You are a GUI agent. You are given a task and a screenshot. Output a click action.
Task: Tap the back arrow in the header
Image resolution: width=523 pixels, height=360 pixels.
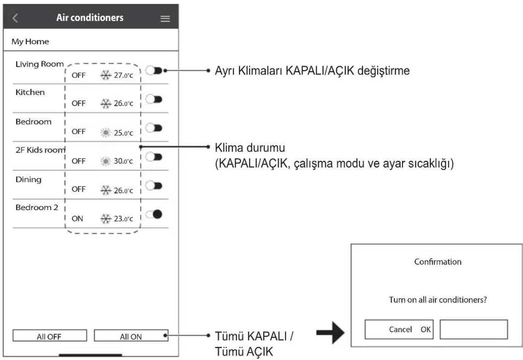tap(15, 18)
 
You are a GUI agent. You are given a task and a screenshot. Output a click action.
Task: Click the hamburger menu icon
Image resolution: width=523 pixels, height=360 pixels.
tap(165, 19)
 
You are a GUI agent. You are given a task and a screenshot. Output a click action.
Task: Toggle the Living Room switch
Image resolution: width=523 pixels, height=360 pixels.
tap(154, 70)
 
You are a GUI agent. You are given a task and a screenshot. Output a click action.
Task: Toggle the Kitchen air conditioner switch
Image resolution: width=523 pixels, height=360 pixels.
tap(154, 99)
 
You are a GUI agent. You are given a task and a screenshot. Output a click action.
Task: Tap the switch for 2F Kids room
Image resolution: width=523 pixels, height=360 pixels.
tap(154, 157)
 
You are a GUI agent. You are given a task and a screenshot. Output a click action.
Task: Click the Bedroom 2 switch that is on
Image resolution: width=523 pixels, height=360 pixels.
tap(154, 214)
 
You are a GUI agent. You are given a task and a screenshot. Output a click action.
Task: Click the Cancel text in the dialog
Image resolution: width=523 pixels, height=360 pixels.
tap(400, 329)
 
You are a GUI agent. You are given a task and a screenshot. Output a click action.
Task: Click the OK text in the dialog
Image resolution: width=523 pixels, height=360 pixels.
tap(425, 329)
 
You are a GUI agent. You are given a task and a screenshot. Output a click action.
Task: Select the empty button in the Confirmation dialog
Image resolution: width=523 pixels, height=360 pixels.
tap(474, 329)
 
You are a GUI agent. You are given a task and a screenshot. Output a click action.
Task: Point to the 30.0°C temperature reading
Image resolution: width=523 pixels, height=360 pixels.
tap(123, 161)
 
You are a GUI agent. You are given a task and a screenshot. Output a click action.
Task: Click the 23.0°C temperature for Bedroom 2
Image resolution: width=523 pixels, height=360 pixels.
tap(123, 219)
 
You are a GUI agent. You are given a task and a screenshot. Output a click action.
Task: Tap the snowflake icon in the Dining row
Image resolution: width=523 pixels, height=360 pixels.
tap(106, 190)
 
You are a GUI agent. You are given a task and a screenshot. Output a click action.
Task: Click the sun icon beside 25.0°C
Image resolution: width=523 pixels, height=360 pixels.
tap(106, 133)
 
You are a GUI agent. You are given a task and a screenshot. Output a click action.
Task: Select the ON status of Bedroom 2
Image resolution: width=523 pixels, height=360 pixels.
tap(77, 219)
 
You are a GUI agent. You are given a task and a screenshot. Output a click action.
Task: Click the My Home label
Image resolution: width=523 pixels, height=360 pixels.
tap(30, 42)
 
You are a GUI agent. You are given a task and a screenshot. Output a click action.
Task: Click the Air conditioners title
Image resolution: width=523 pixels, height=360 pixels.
tap(90, 18)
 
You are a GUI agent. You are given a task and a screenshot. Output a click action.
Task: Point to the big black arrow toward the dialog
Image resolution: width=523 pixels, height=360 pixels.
tap(330, 333)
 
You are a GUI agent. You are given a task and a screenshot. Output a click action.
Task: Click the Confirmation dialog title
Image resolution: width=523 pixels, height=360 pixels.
tap(438, 262)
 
